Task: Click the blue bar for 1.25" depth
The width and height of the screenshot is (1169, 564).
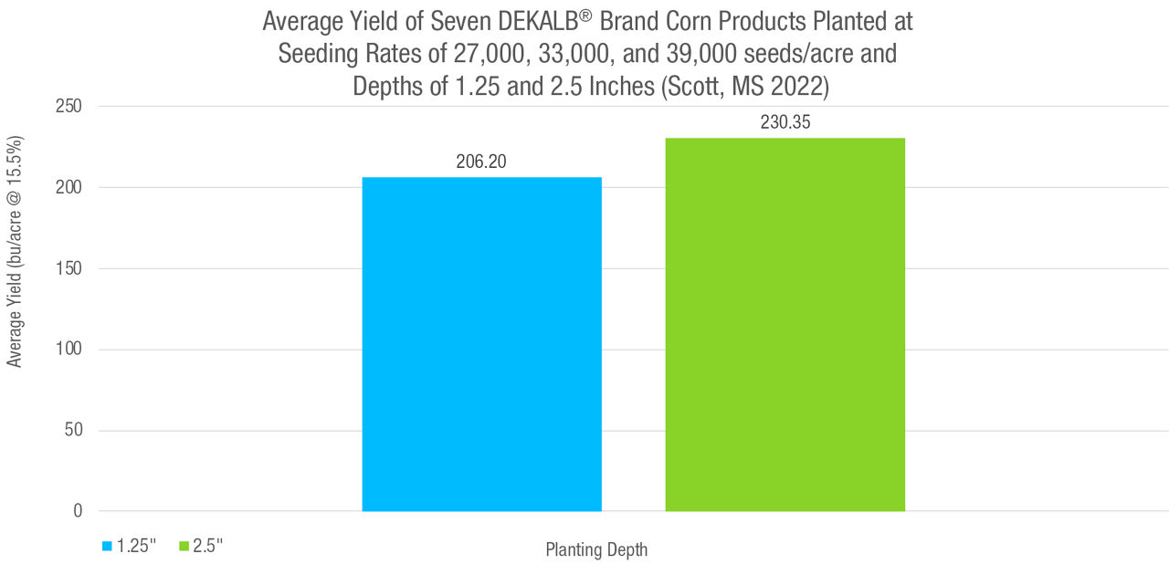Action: (481, 344)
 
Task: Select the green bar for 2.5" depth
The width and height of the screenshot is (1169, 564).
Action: (785, 324)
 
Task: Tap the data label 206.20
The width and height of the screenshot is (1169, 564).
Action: (481, 162)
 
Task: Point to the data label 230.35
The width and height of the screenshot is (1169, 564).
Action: (785, 122)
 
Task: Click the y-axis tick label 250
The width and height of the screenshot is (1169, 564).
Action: (69, 107)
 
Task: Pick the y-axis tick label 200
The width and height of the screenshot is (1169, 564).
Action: (69, 187)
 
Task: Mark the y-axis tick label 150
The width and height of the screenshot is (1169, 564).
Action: (69, 268)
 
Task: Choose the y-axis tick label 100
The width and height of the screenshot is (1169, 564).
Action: (69, 350)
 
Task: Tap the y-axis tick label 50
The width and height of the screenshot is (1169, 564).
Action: (74, 430)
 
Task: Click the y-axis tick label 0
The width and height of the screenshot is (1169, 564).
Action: (79, 511)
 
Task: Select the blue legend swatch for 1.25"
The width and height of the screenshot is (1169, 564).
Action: (107, 547)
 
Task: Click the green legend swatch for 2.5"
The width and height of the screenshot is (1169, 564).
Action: (184, 547)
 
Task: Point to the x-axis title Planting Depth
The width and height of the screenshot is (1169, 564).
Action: (596, 549)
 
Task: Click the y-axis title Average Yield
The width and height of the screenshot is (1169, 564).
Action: (15, 252)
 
